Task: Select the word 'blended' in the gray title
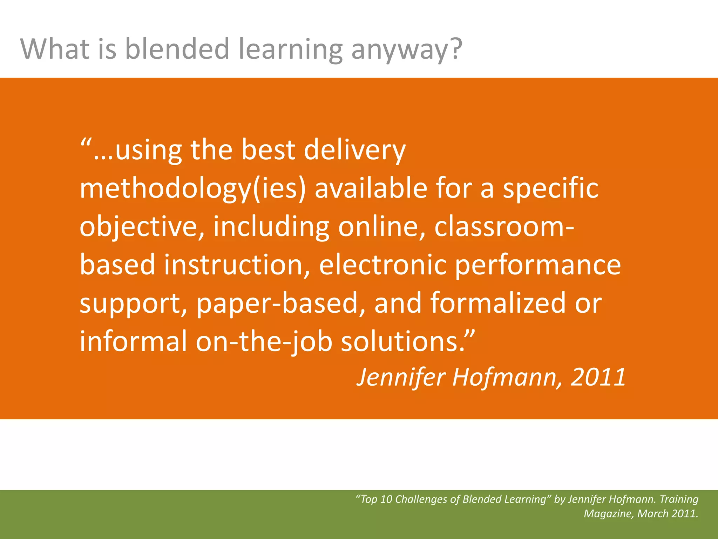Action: click(x=177, y=49)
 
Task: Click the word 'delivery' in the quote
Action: click(x=354, y=151)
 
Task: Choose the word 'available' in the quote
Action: click(x=371, y=188)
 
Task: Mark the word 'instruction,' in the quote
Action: click(x=237, y=265)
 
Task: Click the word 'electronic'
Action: click(x=382, y=265)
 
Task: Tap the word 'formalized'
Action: click(x=498, y=303)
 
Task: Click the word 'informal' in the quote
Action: click(x=133, y=341)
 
